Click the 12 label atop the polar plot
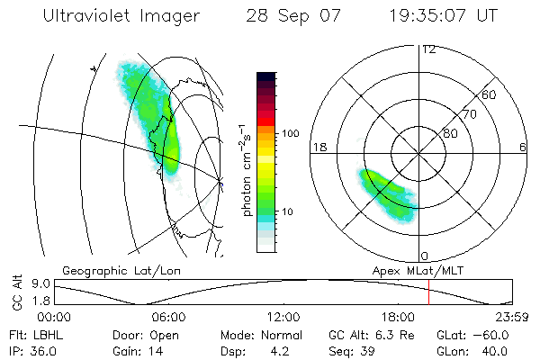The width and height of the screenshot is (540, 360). pyautogui.click(x=428, y=49)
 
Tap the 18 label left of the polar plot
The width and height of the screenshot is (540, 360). pyautogui.click(x=318, y=147)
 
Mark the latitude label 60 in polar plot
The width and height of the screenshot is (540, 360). pyautogui.click(x=490, y=94)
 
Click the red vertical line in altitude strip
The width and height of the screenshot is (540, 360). pyautogui.click(x=429, y=292)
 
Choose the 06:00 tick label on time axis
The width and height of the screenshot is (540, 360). pyautogui.click(x=169, y=317)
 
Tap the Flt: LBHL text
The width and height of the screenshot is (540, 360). pyautogui.click(x=32, y=334)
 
